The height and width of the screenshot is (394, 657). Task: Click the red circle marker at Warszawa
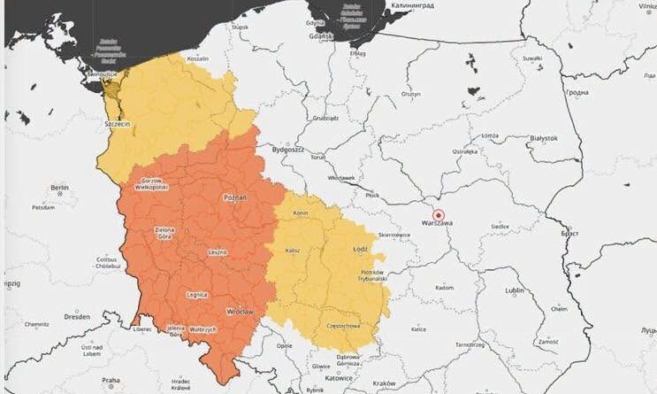pos(437,213)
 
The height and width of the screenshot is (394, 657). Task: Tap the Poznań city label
pos(235,197)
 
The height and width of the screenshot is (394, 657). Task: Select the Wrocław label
pos(239,312)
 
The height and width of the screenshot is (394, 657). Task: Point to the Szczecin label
pos(118,125)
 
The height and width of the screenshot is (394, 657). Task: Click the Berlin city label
pos(60,188)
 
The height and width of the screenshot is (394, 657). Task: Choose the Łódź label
pos(360,250)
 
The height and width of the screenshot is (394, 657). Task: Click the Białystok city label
pos(541,138)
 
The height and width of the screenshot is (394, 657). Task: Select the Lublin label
pos(514,290)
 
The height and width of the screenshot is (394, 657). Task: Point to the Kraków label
pos(385,383)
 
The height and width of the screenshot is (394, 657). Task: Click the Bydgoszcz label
pos(287,151)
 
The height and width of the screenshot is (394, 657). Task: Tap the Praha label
pos(111,380)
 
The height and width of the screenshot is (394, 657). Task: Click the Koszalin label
pos(197,58)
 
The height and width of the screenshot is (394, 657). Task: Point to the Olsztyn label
pos(411,94)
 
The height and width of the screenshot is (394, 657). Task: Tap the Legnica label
pos(197,293)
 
